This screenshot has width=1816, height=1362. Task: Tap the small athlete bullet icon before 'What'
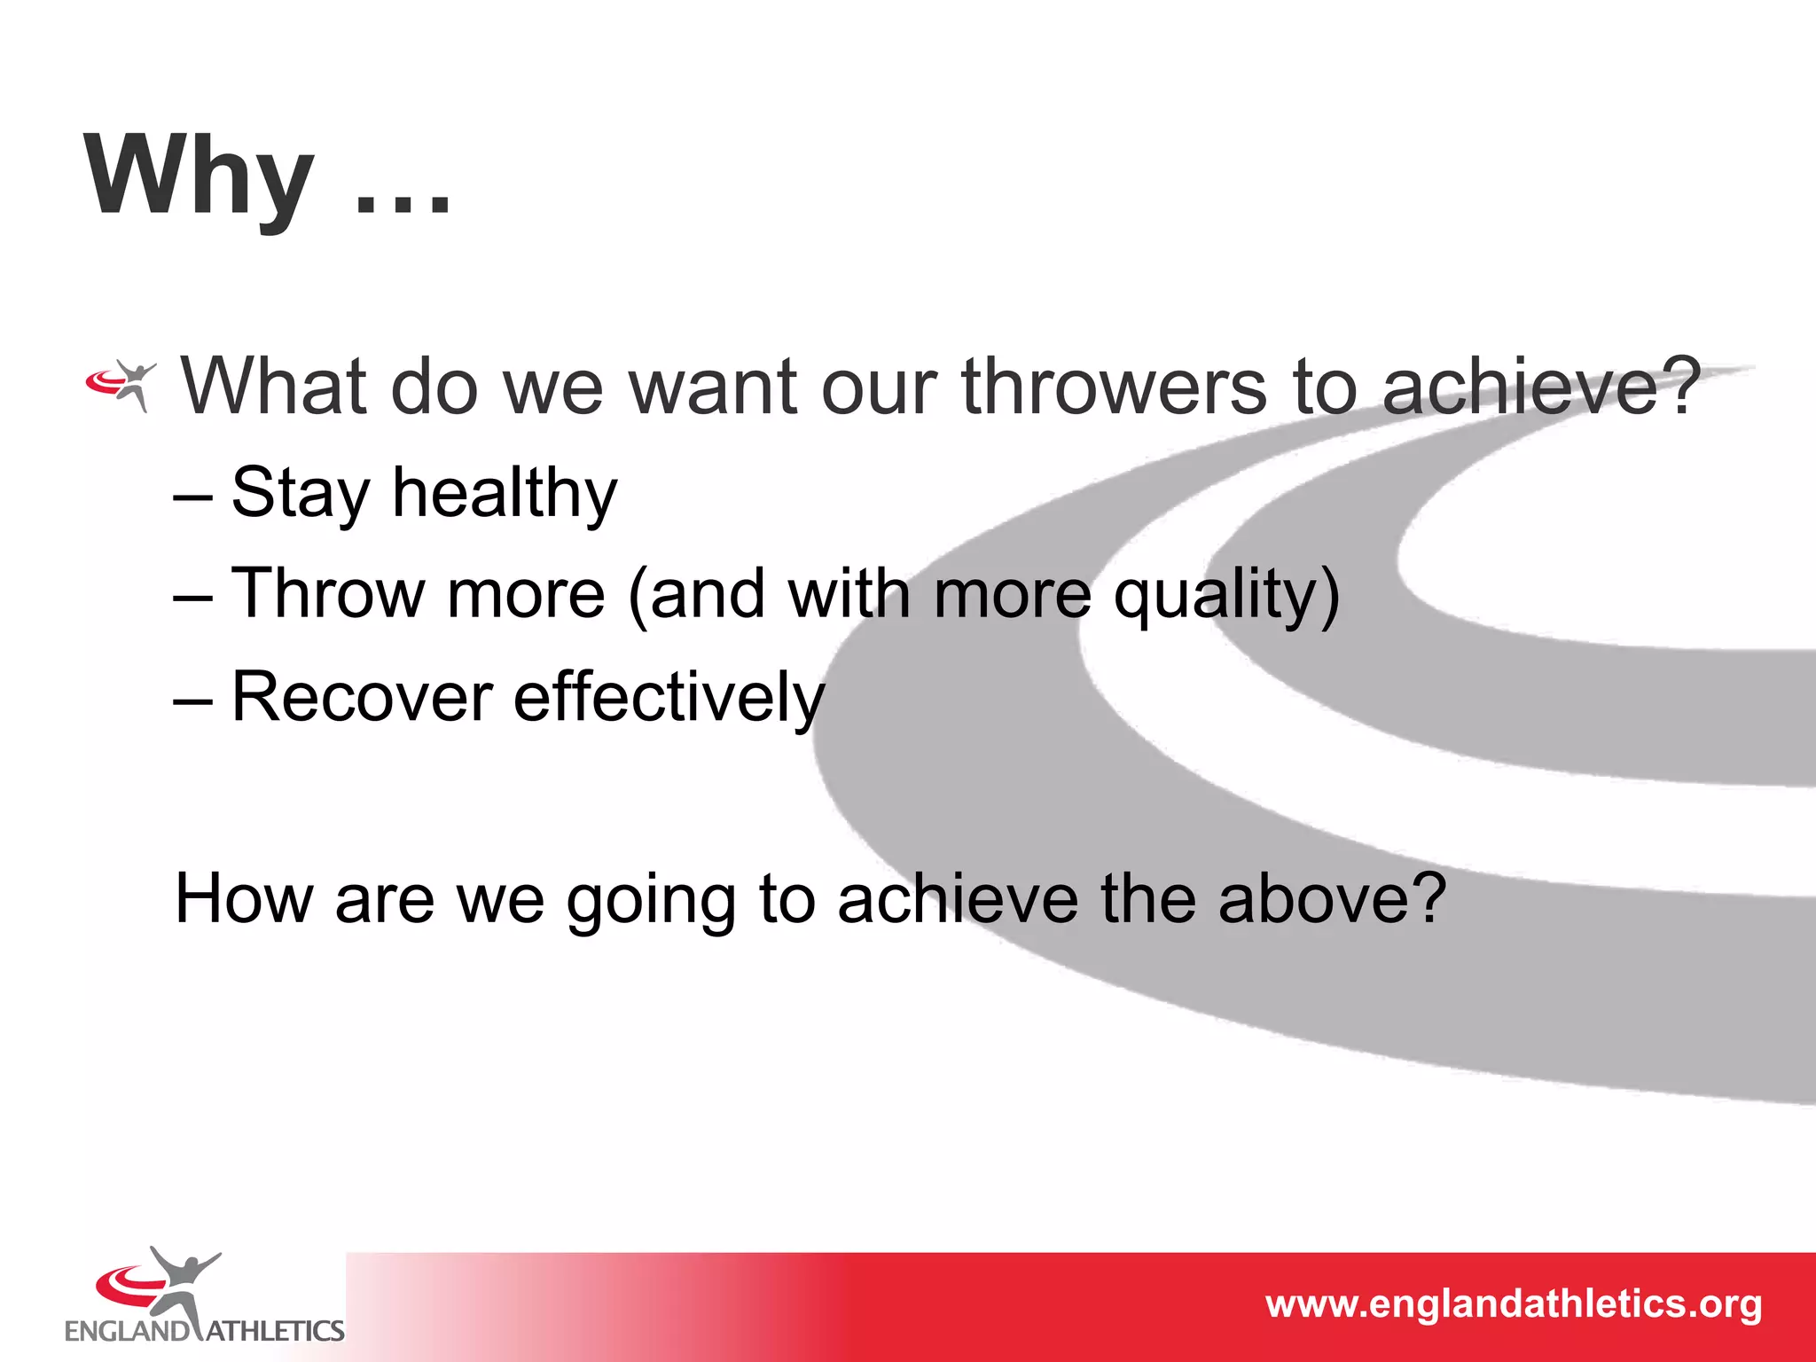click(122, 385)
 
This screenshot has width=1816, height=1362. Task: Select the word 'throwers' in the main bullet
click(1115, 387)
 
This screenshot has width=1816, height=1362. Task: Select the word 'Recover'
click(362, 697)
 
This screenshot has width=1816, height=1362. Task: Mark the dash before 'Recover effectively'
click(193, 701)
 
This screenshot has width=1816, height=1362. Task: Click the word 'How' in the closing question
click(245, 899)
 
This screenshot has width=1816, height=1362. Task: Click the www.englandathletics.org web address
click(1514, 1304)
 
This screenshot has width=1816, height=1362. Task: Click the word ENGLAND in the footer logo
click(128, 1331)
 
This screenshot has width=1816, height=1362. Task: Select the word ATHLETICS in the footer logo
click(275, 1331)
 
